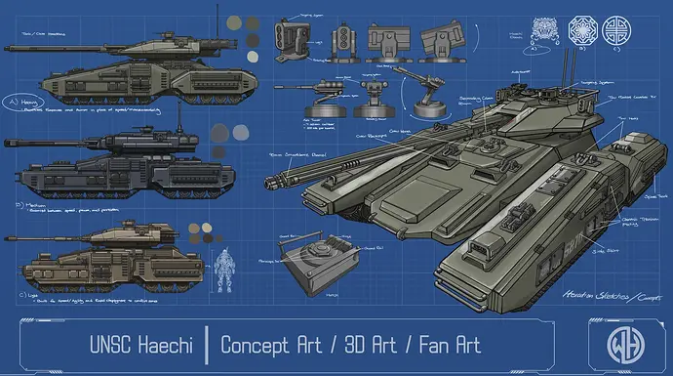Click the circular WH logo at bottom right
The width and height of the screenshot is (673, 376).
click(616, 345)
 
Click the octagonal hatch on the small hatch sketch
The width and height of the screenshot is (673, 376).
click(314, 252)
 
